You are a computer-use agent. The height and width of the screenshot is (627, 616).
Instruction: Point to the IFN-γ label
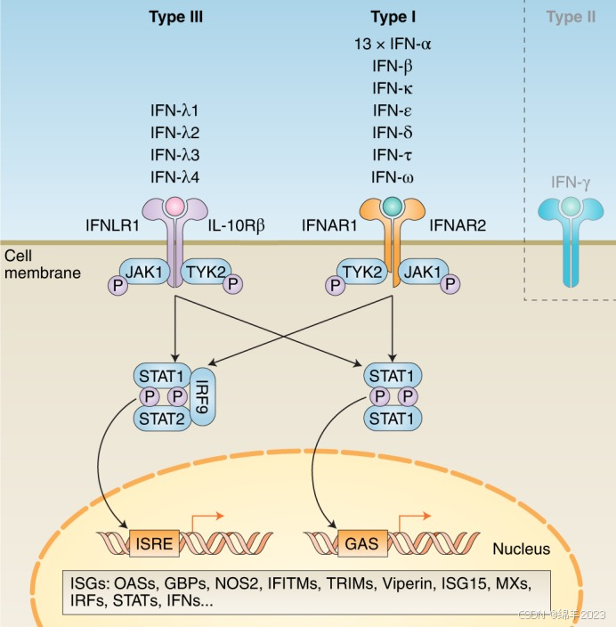pos(571,183)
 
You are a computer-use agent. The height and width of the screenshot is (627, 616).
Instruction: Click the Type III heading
pos(175,17)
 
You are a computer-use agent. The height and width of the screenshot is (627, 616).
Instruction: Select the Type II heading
pos(571,17)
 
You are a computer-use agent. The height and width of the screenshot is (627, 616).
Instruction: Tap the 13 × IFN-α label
pos(393,43)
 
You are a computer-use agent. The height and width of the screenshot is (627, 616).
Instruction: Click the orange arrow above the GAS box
pos(409,518)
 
